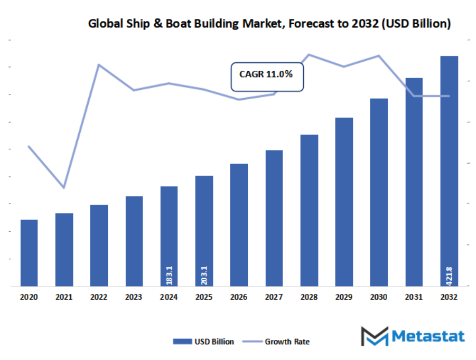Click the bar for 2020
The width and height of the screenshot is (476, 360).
pyautogui.click(x=29, y=253)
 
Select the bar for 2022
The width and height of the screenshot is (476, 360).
pyautogui.click(x=99, y=245)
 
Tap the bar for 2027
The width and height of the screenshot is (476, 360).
pyautogui.click(x=274, y=218)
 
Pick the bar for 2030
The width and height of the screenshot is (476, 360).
pyautogui.click(x=379, y=192)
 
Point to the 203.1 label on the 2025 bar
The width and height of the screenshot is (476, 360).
pyautogui.click(x=204, y=274)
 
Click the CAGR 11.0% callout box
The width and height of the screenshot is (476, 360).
pyautogui.click(x=266, y=77)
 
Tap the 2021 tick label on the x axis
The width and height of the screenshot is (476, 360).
pyautogui.click(x=64, y=298)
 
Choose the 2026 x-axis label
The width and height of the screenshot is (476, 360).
pyautogui.click(x=239, y=298)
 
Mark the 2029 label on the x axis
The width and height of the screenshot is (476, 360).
pyautogui.click(x=344, y=298)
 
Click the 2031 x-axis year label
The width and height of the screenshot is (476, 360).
pyautogui.click(x=414, y=298)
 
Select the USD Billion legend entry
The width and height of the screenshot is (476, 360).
pyautogui.click(x=203, y=342)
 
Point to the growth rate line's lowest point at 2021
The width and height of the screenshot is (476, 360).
pyautogui.click(x=64, y=187)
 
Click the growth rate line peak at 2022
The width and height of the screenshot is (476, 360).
pyautogui.click(x=99, y=65)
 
